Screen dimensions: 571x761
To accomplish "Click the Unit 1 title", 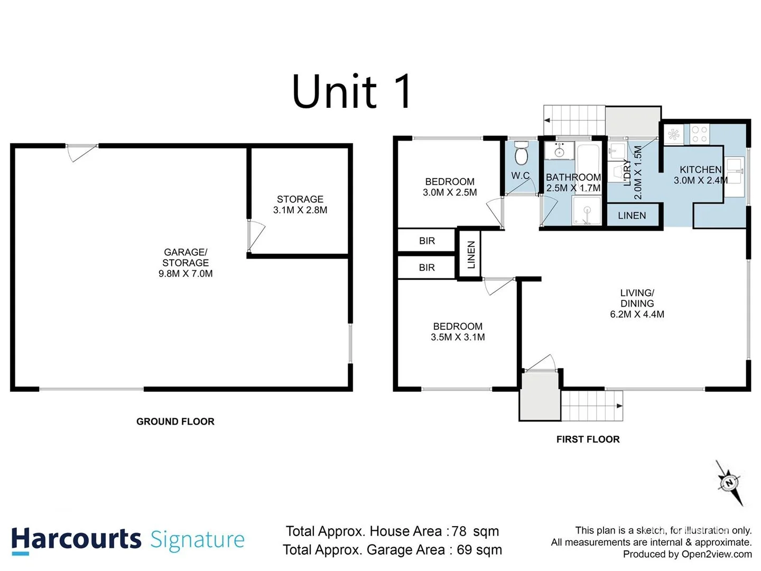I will [x=351, y=92].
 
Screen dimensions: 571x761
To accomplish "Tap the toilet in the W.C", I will [x=521, y=154].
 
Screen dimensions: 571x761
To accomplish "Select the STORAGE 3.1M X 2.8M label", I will [x=300, y=205].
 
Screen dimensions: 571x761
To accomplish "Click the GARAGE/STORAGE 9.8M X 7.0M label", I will [x=185, y=263].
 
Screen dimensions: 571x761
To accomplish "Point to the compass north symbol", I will [x=730, y=483].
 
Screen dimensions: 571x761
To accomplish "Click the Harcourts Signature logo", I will [x=128, y=540].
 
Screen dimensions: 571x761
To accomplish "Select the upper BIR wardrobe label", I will [x=427, y=241].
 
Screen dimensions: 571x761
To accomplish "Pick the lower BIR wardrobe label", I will [x=427, y=268].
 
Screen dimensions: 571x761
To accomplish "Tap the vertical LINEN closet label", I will [x=471, y=254].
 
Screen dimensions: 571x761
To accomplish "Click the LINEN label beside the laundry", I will [x=632, y=216].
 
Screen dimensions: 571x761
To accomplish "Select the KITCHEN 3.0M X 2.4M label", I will [x=700, y=175].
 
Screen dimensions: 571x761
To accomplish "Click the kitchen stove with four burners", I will [x=700, y=134].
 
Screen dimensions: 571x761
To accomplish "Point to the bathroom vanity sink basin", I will [x=559, y=152].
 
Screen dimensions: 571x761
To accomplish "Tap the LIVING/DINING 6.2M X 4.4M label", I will [x=637, y=303].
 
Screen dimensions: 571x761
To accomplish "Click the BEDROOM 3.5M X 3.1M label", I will [x=458, y=332].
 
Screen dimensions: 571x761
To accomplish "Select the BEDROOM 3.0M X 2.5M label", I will [x=450, y=187].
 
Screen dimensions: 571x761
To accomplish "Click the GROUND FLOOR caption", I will [x=175, y=421].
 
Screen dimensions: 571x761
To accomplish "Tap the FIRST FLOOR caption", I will [x=588, y=439].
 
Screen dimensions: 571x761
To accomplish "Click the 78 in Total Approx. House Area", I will [x=459, y=531].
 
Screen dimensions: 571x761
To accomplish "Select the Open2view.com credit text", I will [x=716, y=554].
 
